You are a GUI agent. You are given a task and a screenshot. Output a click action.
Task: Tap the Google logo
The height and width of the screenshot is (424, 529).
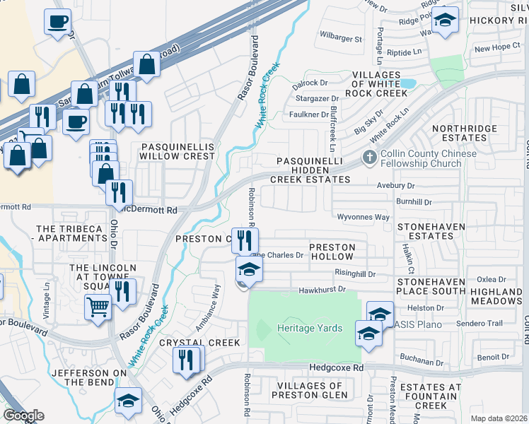click(x=23, y=415)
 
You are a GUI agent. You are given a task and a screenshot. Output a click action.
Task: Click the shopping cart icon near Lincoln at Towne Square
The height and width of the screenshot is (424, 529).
click(x=98, y=306)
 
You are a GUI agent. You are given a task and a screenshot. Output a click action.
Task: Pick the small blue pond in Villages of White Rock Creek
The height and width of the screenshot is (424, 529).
click(x=407, y=84)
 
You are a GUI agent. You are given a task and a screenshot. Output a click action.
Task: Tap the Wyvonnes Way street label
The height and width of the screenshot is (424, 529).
click(x=363, y=218)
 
